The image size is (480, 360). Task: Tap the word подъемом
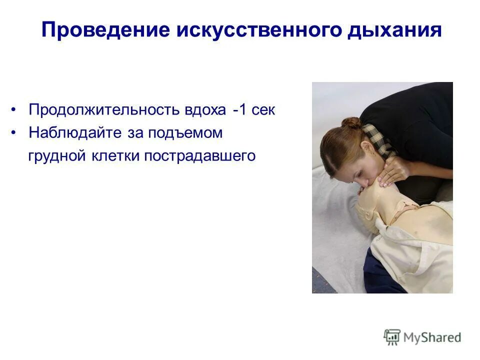click(192, 133)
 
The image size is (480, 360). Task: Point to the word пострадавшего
click(200, 156)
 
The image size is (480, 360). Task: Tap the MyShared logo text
click(432, 337)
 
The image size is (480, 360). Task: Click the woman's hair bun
click(351, 122)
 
